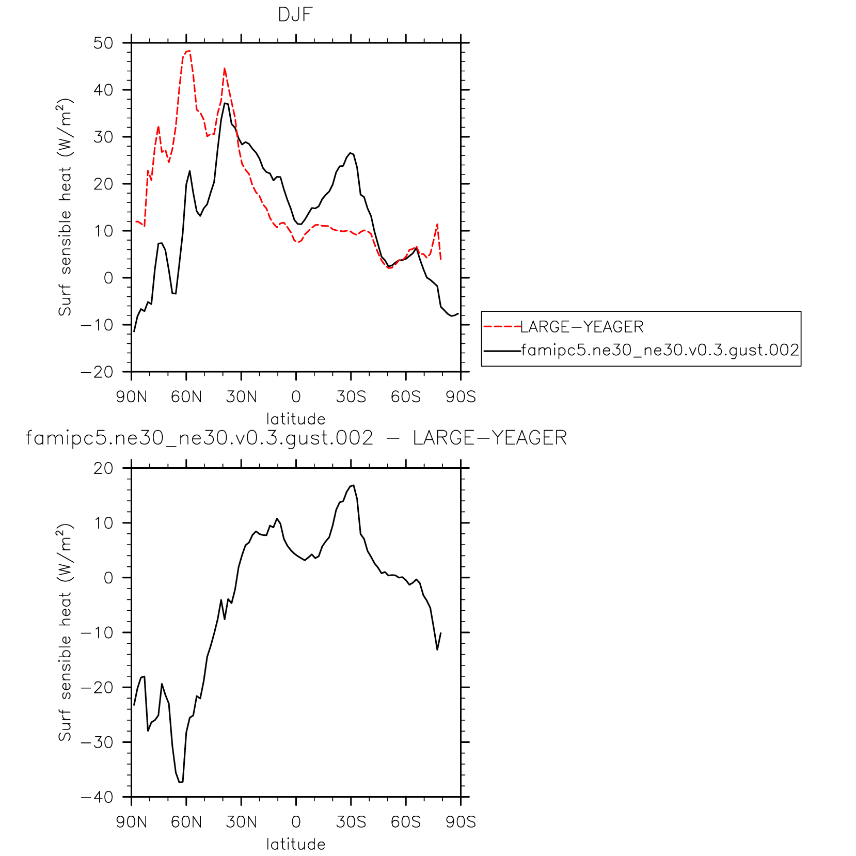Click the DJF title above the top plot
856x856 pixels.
pos(295,15)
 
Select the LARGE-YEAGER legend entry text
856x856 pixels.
pos(582,327)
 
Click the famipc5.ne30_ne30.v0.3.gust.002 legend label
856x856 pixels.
pos(660,351)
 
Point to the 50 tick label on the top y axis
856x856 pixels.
pos(103,43)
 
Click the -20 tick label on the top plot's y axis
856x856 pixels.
pos(97,372)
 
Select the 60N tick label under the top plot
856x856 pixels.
pos(186,397)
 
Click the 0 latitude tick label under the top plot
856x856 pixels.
pos(296,397)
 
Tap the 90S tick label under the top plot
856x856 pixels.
pos(461,397)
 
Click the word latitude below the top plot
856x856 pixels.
pos(296,419)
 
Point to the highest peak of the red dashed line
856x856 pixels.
pos(188,51)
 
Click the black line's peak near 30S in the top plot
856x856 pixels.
pos(351,153)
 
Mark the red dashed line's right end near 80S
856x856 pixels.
pos(440,260)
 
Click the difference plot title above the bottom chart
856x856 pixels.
pos(296,438)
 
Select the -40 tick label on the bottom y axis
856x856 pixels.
pos(97,797)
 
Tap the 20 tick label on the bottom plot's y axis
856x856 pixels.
pos(103,468)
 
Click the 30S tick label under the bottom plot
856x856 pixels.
pos(351,822)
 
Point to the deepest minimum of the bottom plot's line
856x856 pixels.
pos(180,782)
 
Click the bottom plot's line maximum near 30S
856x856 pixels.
pos(353,485)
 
